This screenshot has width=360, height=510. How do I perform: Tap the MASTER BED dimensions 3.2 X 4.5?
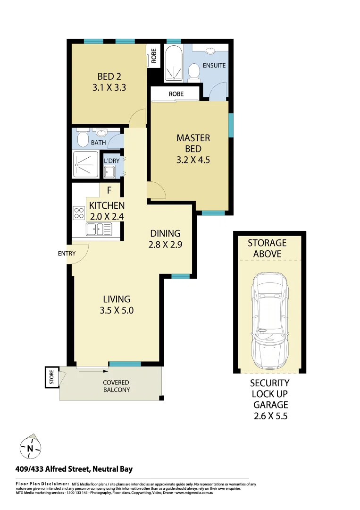[193, 160]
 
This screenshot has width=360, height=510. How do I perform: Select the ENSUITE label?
[214, 65]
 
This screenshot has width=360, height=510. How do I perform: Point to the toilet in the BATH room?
[83, 138]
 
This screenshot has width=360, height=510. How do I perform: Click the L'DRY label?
[112, 161]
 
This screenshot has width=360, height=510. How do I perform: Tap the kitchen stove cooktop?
[78, 213]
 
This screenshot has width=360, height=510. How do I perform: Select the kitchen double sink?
[98, 230]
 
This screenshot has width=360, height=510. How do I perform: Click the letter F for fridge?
[109, 191]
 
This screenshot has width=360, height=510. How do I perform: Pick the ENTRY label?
[67, 254]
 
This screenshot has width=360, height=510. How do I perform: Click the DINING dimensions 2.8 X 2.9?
[165, 245]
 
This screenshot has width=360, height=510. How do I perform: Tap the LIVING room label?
[117, 299]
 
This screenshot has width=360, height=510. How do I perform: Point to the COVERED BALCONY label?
[116, 386]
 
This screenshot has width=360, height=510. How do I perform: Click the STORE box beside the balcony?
[52, 377]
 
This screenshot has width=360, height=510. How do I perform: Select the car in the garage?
[269, 321]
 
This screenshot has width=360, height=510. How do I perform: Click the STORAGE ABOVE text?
[267, 248]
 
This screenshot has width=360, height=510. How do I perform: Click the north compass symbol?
[30, 447]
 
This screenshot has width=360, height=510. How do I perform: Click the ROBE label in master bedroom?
[176, 94]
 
